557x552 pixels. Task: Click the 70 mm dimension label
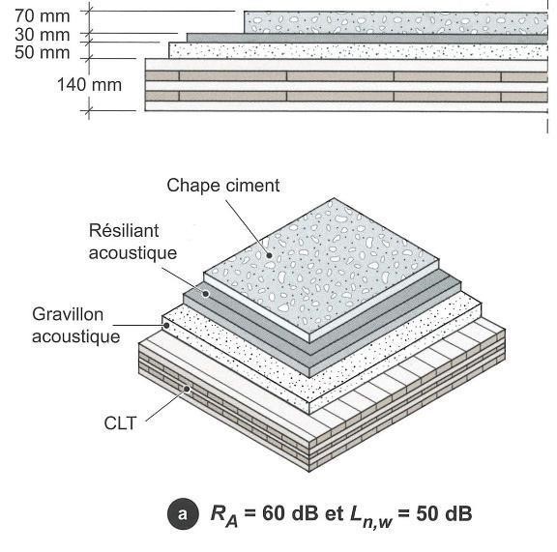coord(42,16)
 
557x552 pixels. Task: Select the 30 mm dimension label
coord(42,35)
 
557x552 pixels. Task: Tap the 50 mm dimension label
coord(42,52)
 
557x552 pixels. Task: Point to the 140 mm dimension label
coord(89,85)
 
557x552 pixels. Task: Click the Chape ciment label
coord(223,186)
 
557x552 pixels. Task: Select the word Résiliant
coord(124,231)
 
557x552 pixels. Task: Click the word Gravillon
coord(68,315)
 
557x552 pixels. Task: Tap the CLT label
coord(120,423)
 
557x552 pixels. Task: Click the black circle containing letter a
coord(183,514)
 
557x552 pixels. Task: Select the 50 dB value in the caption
coord(444,513)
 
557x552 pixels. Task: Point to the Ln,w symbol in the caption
coord(371,516)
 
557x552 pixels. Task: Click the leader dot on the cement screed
coord(269,255)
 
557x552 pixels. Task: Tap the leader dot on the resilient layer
coord(205,294)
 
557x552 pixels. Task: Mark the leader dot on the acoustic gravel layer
coord(166,325)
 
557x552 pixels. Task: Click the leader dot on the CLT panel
coord(187,389)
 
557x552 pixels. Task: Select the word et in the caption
coord(334,514)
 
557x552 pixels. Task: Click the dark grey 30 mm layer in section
coord(367,39)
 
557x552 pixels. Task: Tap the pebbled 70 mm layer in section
coord(396,22)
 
